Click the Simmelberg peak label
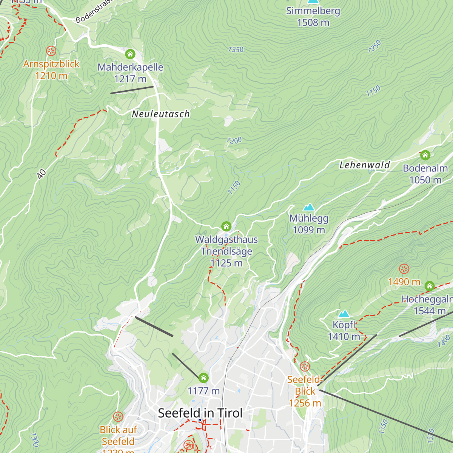click(x=313, y=11)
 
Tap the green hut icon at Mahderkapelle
click(x=130, y=54)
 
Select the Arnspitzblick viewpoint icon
click(x=51, y=51)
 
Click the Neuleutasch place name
click(x=161, y=114)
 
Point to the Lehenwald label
click(x=364, y=165)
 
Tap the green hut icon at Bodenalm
click(x=425, y=155)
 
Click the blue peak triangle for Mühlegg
click(x=309, y=207)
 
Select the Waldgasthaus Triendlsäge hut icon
click(x=226, y=226)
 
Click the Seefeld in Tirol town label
click(x=200, y=413)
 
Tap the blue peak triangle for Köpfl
click(x=344, y=314)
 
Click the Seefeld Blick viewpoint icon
click(x=305, y=367)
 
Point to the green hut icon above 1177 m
click(x=203, y=378)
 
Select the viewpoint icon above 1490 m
click(x=404, y=269)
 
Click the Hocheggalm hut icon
click(x=430, y=286)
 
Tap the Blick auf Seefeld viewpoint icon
click(x=118, y=417)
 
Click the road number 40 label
click(x=42, y=174)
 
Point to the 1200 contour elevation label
click(x=234, y=141)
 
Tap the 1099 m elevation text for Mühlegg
click(x=309, y=230)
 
